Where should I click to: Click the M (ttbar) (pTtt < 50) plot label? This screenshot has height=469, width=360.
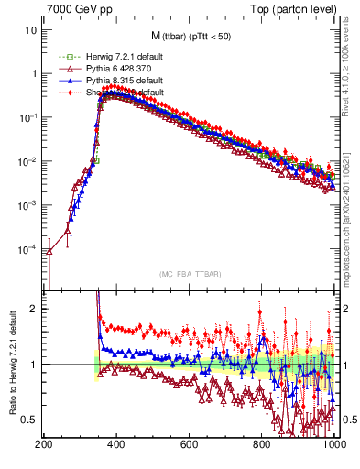pos(189,37)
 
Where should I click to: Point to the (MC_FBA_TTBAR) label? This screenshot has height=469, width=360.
pos(190,273)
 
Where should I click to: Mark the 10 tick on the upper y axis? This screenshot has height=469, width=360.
pos(31,30)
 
